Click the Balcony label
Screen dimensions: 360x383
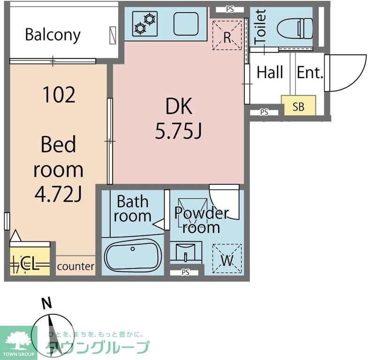tap(53, 35)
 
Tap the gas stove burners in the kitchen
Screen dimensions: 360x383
tap(144, 23)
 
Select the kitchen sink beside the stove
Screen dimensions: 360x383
tap(186, 23)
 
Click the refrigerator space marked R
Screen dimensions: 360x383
tap(227, 36)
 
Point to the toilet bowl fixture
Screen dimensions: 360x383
tap(294, 28)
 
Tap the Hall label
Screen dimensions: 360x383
tap(270, 73)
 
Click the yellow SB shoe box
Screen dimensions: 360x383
tap(298, 106)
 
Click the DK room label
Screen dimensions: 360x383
tap(179, 107)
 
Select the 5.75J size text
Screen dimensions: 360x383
tap(179, 132)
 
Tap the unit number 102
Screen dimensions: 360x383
tap(59, 95)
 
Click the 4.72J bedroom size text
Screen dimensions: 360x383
tap(59, 194)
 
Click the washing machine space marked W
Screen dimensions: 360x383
tap(227, 259)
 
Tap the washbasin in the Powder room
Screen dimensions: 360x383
tap(186, 254)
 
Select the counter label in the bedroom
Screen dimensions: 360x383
tap(75, 267)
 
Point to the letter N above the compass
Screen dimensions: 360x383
tap(46, 304)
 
